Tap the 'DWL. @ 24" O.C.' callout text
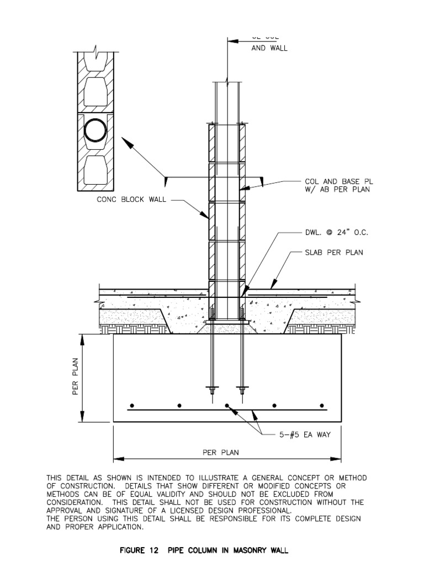click(x=336, y=233)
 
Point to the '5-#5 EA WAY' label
click(x=304, y=434)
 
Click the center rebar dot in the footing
click(x=227, y=406)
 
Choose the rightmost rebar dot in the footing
click(x=322, y=406)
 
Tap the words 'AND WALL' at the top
click(x=269, y=48)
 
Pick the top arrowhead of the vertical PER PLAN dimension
click(x=83, y=338)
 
